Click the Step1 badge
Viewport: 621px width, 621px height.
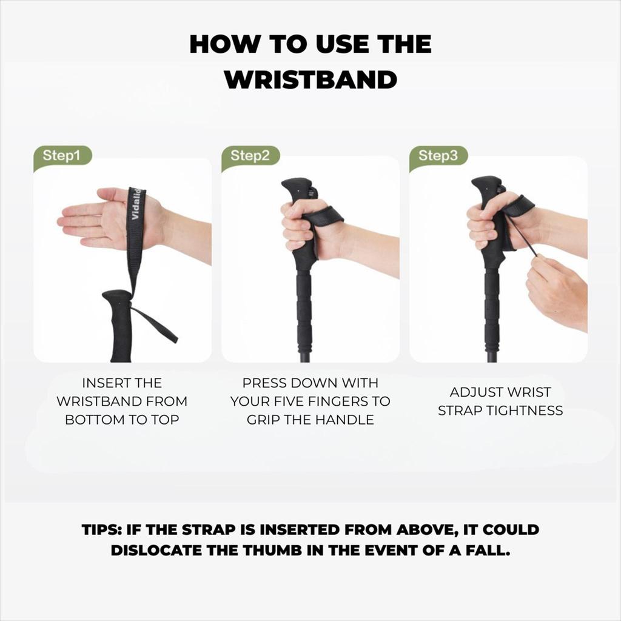[x=62, y=156]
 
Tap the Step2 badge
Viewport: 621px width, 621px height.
[x=250, y=156]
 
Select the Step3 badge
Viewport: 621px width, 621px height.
[x=438, y=156]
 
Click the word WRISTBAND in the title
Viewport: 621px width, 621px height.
[x=310, y=80]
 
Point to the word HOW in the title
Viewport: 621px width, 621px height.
[x=224, y=44]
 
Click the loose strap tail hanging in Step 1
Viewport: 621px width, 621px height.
[x=155, y=325]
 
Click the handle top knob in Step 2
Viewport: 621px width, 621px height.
[x=297, y=187]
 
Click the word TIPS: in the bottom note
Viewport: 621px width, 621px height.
[x=102, y=530]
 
